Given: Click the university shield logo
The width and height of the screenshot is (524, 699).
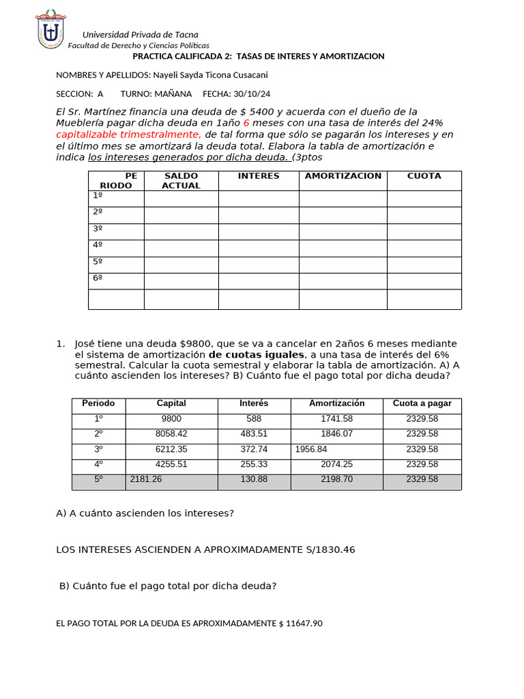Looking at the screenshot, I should (51, 29).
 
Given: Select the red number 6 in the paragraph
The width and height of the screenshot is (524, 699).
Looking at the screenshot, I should (246, 123).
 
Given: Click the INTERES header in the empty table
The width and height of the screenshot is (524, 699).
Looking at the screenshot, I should (259, 176).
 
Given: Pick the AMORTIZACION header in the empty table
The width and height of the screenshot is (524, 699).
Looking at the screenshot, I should (343, 176).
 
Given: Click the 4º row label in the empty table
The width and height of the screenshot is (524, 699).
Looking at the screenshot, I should (98, 245).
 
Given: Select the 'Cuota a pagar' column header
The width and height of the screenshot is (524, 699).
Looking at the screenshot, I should (422, 403).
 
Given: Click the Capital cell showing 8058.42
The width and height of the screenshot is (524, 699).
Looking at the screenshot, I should (171, 433).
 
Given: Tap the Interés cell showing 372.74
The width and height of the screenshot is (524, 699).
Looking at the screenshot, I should (254, 449).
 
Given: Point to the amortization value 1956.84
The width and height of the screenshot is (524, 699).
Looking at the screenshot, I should (312, 449).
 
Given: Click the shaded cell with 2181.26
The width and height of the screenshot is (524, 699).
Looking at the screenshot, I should (146, 479).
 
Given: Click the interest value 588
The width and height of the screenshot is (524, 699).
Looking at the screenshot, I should (254, 419).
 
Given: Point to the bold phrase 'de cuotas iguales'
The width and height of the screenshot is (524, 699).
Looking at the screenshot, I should (256, 355).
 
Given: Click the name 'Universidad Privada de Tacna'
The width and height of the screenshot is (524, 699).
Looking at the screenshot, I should (141, 35).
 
